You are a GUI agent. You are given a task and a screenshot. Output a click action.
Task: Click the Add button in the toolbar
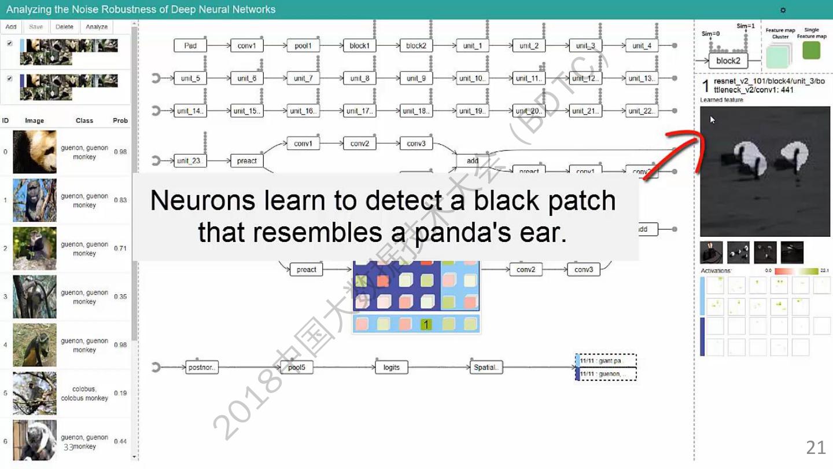coord(11,27)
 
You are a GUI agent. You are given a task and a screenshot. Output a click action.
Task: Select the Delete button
coord(64,27)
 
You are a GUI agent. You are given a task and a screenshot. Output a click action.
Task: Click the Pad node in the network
coord(190,46)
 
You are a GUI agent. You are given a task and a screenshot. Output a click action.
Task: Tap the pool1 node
coord(303,46)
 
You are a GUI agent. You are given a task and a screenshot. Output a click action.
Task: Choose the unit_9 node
coord(416,78)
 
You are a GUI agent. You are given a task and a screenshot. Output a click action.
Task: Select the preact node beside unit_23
coord(246,161)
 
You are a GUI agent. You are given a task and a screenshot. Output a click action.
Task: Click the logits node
coord(391,367)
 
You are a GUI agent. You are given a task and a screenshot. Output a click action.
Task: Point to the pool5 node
coord(296,367)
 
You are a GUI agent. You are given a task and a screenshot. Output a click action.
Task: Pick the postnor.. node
coord(202,367)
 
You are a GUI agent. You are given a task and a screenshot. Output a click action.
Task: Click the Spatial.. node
coord(485,367)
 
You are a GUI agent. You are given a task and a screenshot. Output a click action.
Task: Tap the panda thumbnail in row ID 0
coord(35,152)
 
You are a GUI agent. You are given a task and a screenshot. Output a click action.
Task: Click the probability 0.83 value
coord(120,200)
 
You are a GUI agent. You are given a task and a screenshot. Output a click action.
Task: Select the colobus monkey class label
coord(84,393)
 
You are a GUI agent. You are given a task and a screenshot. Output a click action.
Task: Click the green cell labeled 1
coord(426,325)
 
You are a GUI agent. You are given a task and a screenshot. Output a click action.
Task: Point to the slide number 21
coord(816,447)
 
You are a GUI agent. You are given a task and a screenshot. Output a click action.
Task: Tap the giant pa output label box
coord(607,361)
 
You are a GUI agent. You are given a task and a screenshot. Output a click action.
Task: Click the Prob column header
coord(120,120)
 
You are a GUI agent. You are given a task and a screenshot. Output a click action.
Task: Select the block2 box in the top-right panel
coord(728,61)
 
